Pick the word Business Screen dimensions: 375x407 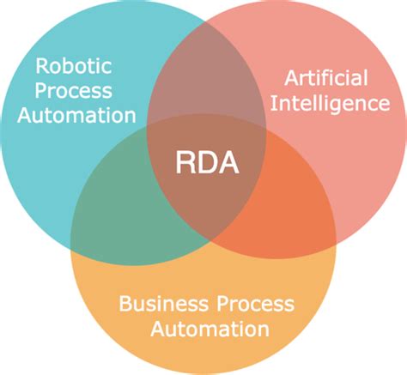click(160, 304)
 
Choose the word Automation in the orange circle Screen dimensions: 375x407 click(206, 329)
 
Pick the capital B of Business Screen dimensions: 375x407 click(125, 304)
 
